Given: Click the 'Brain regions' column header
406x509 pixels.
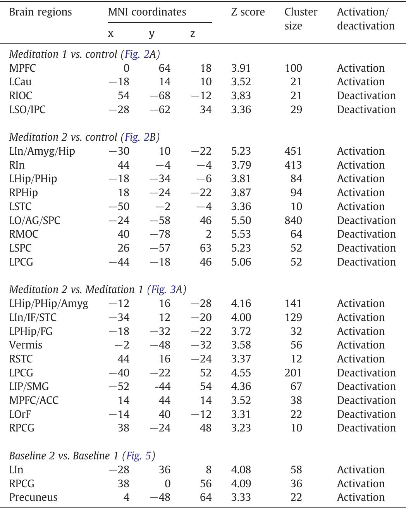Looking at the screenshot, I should pyautogui.click(x=40, y=12).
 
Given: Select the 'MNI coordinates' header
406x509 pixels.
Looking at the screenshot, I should pyautogui.click(x=147, y=12).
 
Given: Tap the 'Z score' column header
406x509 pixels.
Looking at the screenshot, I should pyautogui.click(x=248, y=12).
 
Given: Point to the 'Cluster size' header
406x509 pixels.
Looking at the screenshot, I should pyautogui.click(x=301, y=19).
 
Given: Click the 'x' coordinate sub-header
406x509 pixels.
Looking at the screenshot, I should pyautogui.click(x=111, y=34).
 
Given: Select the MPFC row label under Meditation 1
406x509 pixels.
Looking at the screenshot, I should pyautogui.click(x=22, y=68).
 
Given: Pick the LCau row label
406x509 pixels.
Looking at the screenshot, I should pyautogui.click(x=21, y=82).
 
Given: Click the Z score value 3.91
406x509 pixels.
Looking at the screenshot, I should pyautogui.click(x=241, y=68).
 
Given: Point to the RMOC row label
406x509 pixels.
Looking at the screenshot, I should pyautogui.click(x=24, y=234).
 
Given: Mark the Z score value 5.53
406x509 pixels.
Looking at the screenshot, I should pyautogui.click(x=241, y=234).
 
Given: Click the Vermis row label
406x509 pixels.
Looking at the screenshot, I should pyautogui.click(x=26, y=345).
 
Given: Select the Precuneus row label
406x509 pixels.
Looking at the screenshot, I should pyautogui.click(x=33, y=497).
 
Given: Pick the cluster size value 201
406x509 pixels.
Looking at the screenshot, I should pyautogui.click(x=293, y=373).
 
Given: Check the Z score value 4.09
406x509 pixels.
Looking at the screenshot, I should pyautogui.click(x=241, y=484).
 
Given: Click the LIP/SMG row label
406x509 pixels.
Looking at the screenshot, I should pyautogui.click(x=29, y=386).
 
